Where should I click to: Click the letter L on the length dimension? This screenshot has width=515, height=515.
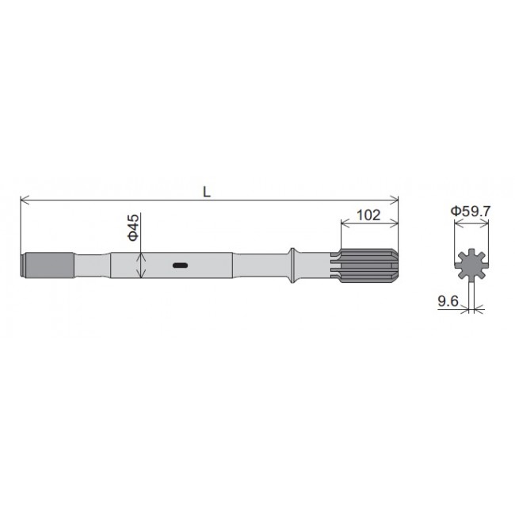pos(206,192)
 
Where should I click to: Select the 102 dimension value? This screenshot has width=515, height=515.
pos(369,215)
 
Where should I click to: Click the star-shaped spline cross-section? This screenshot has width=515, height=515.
pos(471,265)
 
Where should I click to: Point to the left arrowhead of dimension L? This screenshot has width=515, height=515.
pos(23,201)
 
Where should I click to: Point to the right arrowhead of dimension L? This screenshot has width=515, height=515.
pos(395,201)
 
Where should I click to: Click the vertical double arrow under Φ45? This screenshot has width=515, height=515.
pos(140,265)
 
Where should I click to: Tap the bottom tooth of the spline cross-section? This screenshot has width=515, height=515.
pos(471,281)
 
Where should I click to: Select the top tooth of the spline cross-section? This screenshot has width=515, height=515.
pos(471,250)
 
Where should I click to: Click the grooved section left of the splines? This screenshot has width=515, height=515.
pos(332,265)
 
